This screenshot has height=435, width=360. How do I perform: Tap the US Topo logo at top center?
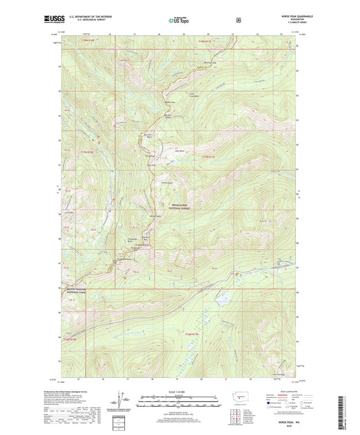180,20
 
